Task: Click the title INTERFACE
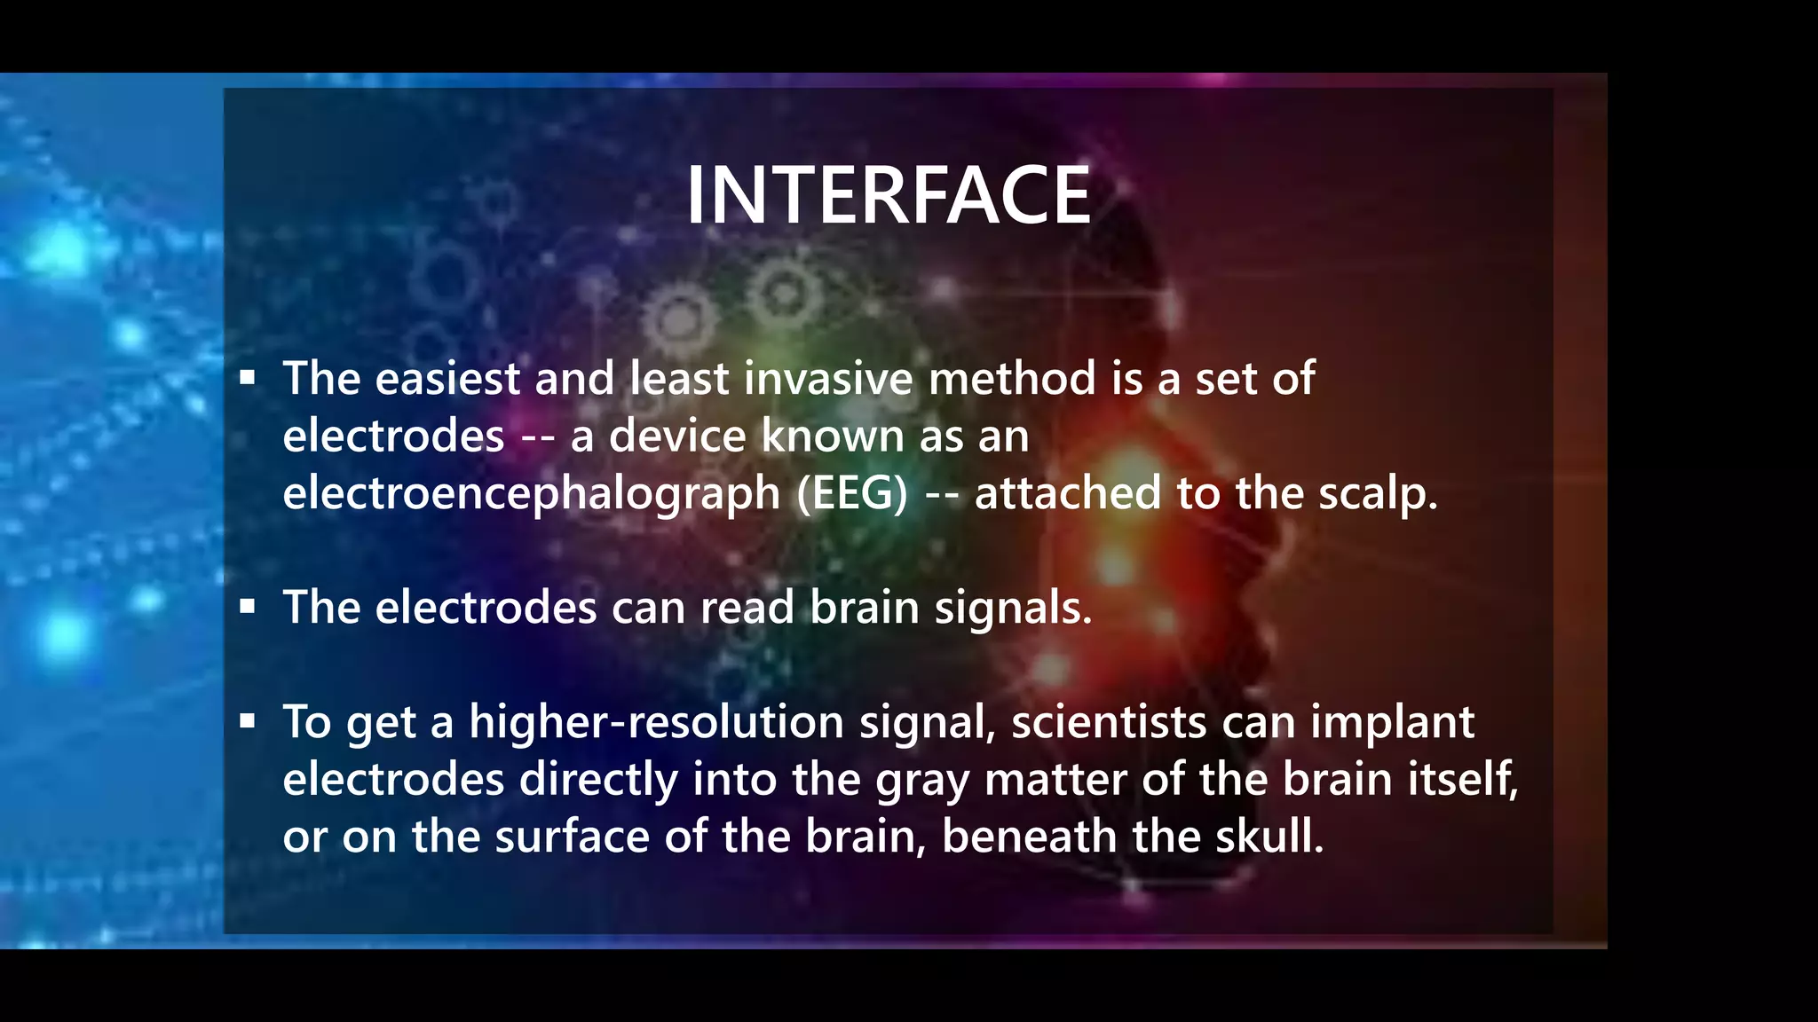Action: click(889, 196)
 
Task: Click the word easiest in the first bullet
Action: click(447, 379)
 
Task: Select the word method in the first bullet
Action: click(1012, 379)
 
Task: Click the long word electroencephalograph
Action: click(531, 494)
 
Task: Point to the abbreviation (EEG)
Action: click(852, 494)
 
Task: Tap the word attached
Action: click(1068, 494)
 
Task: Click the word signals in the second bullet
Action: click(1013, 609)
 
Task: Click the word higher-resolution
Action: click(656, 722)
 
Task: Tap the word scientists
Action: click(1109, 722)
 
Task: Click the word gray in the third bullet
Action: click(922, 781)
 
